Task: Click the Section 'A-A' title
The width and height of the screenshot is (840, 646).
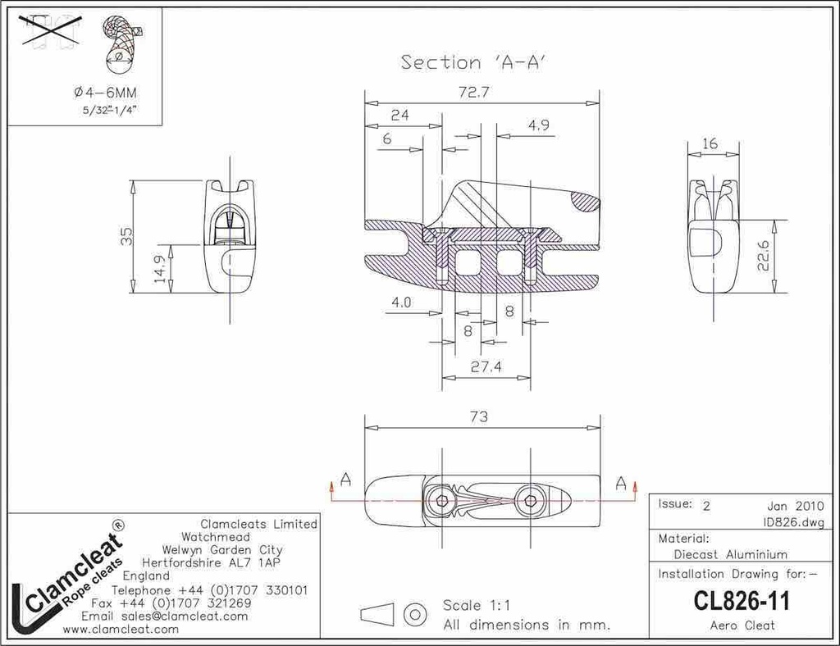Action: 474,62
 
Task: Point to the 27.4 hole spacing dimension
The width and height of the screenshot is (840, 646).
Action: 486,367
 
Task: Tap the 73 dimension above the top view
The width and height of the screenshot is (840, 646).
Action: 479,416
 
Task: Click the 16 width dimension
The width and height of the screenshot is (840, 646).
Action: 710,143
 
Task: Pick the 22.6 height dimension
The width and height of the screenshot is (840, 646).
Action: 764,257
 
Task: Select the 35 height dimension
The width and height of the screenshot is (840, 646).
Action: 126,236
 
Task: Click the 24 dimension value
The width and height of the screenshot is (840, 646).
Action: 399,116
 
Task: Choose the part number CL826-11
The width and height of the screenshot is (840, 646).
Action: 741,601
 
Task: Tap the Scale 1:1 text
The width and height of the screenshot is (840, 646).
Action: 477,606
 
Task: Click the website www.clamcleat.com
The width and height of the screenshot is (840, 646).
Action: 121,629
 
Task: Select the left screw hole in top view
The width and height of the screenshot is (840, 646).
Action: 443,500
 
